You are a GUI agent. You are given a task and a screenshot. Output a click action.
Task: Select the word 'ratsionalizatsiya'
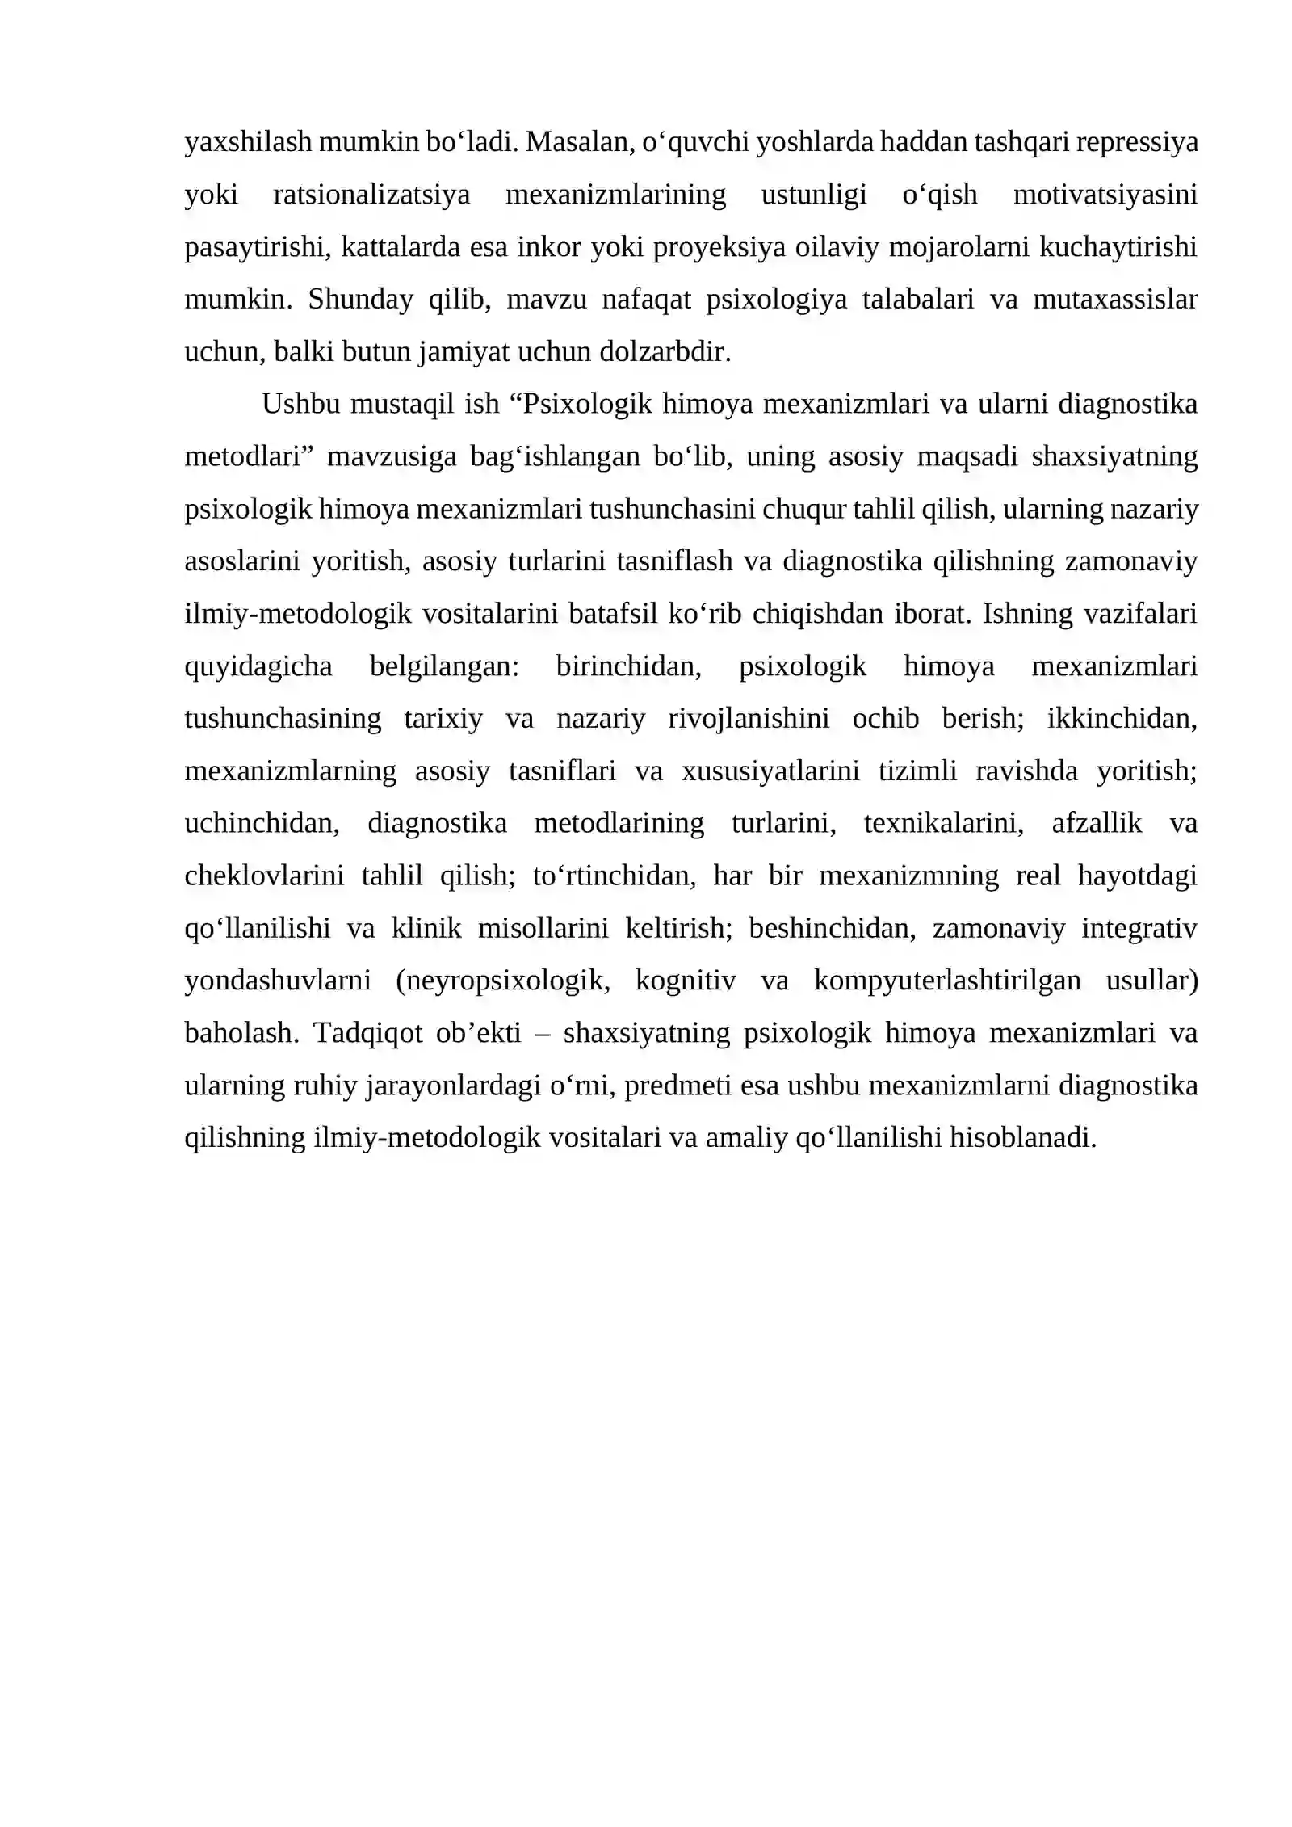pos(371,195)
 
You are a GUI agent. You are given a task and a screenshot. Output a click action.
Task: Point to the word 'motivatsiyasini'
pos(1105,195)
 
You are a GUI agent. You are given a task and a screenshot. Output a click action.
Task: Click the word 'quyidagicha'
pos(258,666)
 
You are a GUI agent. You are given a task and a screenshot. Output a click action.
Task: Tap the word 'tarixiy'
pos(443,719)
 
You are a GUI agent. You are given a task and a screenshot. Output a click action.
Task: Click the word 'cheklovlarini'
pos(264,876)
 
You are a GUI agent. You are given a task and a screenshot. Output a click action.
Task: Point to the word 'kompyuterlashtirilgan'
pos(946,981)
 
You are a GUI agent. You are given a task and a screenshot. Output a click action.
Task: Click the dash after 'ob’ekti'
pos(542,1033)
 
